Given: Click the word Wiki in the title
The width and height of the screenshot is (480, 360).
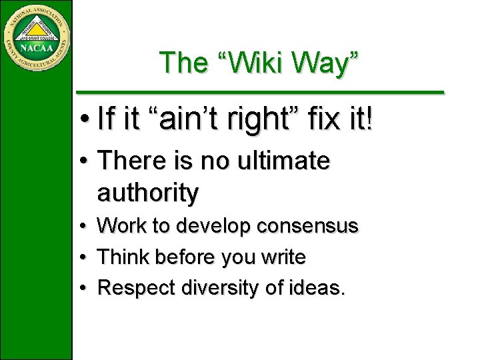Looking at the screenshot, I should point(259,63).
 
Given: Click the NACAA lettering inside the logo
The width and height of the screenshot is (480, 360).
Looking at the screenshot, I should point(36,48).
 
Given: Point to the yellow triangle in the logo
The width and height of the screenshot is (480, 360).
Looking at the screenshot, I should point(36,29).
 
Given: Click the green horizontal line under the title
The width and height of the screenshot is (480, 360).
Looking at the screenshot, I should point(259,91).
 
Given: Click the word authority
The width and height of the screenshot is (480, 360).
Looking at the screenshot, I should point(148,193).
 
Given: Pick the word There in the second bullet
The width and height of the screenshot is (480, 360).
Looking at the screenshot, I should point(131,161).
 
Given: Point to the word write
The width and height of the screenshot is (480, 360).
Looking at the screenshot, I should point(283,257).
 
